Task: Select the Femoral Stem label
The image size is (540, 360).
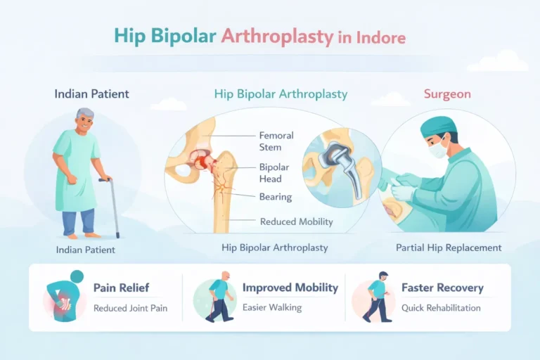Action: click(x=276, y=141)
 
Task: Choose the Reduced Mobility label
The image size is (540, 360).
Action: click(x=296, y=221)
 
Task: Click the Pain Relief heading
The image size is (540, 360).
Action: click(x=121, y=288)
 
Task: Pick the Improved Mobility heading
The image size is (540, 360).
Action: click(x=290, y=288)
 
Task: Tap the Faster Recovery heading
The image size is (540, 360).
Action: click(x=442, y=288)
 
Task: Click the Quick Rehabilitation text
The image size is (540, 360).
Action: click(x=441, y=308)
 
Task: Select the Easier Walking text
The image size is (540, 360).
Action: click(x=272, y=308)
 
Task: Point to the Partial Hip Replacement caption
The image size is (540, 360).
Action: click(x=448, y=247)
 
